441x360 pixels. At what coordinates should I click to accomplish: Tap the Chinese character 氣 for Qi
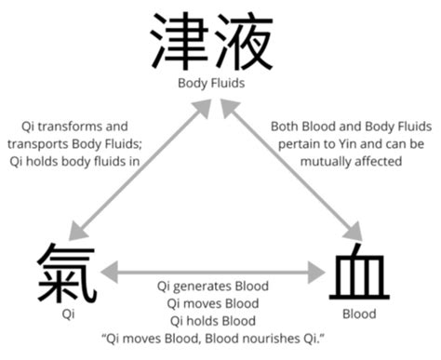coord(67,273)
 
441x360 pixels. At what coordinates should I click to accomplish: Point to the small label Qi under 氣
coord(67,313)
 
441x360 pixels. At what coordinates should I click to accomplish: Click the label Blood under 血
coord(359,313)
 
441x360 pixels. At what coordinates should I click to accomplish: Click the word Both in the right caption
coord(287,126)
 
